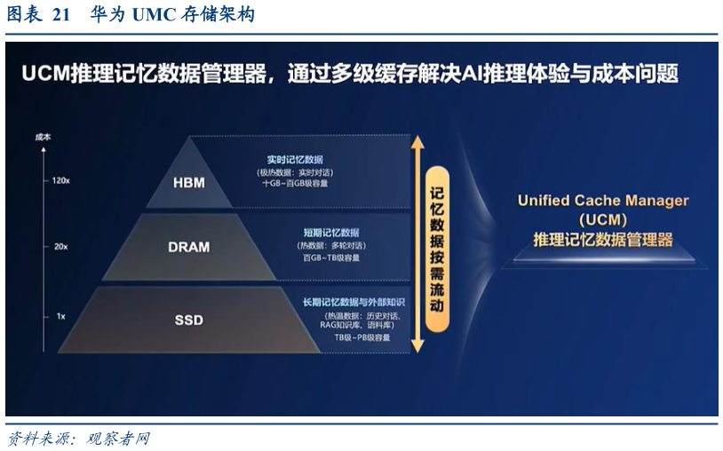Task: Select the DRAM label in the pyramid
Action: point(188,247)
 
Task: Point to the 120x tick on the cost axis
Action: point(60,180)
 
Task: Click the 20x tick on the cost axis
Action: point(60,247)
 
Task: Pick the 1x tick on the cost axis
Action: point(60,316)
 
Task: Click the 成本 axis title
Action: point(43,138)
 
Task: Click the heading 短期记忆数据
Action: point(330,233)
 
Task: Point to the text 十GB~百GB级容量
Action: point(294,183)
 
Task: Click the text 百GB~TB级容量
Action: point(330,257)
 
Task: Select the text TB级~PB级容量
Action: point(361,337)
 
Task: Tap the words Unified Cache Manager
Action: point(603,200)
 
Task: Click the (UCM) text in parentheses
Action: point(603,219)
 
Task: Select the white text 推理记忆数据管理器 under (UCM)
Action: point(603,240)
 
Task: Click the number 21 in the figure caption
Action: point(61,15)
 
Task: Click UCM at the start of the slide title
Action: point(46,75)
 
